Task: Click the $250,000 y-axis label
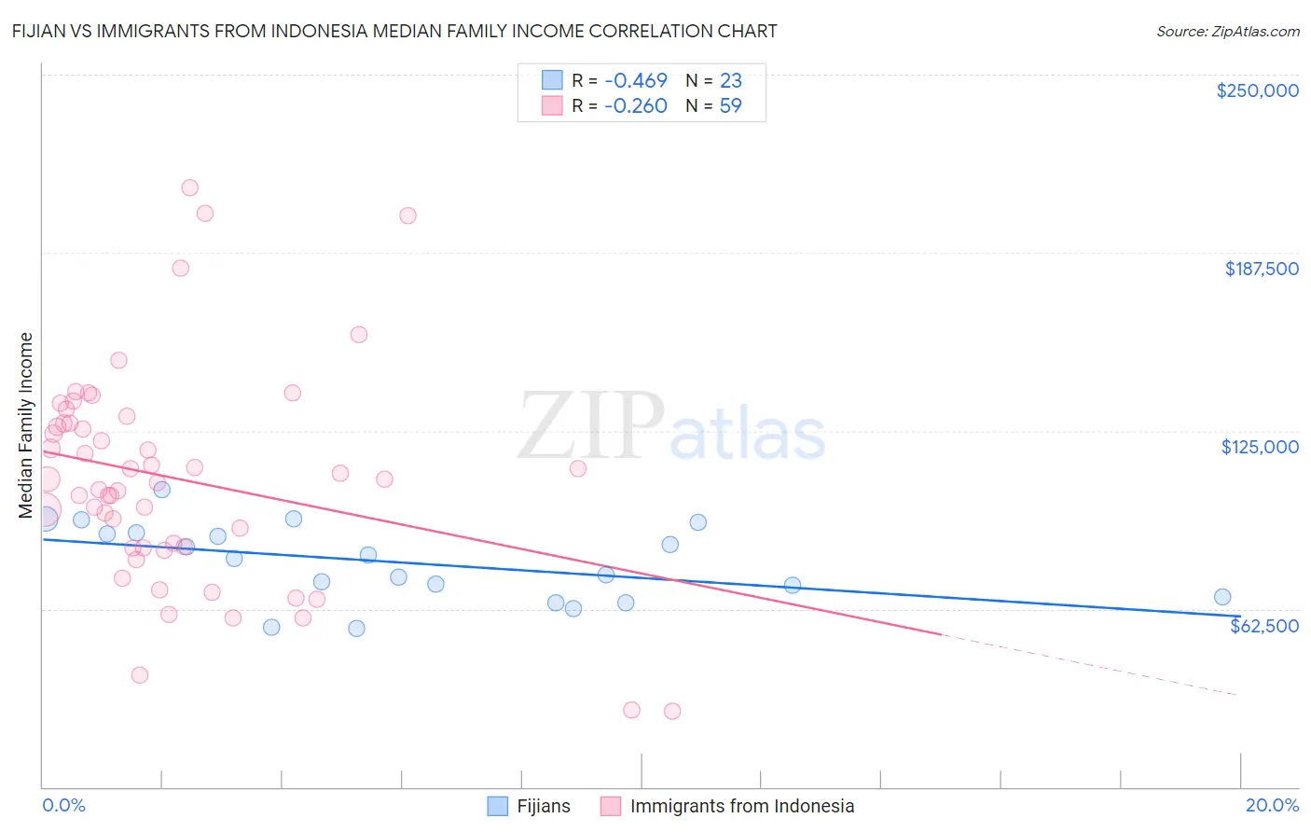[x=1257, y=90]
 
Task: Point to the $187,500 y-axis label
[x=1261, y=269]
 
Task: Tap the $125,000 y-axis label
[x=1260, y=447]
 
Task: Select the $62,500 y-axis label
[x=1263, y=626]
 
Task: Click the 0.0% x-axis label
[x=63, y=805]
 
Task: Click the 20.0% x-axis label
[x=1272, y=805]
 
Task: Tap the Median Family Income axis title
[x=26, y=425]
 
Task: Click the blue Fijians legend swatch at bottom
[x=498, y=806]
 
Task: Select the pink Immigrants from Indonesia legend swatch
[x=611, y=806]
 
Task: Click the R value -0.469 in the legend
[x=635, y=81]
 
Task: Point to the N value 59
[x=730, y=106]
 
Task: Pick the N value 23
[x=730, y=81]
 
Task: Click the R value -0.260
[x=635, y=106]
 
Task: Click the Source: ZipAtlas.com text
[x=1227, y=32]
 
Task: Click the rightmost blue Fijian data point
[x=1222, y=597]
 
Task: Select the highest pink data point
[x=189, y=187]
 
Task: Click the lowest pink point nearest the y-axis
[x=140, y=674]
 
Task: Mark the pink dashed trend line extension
[x=1091, y=665]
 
